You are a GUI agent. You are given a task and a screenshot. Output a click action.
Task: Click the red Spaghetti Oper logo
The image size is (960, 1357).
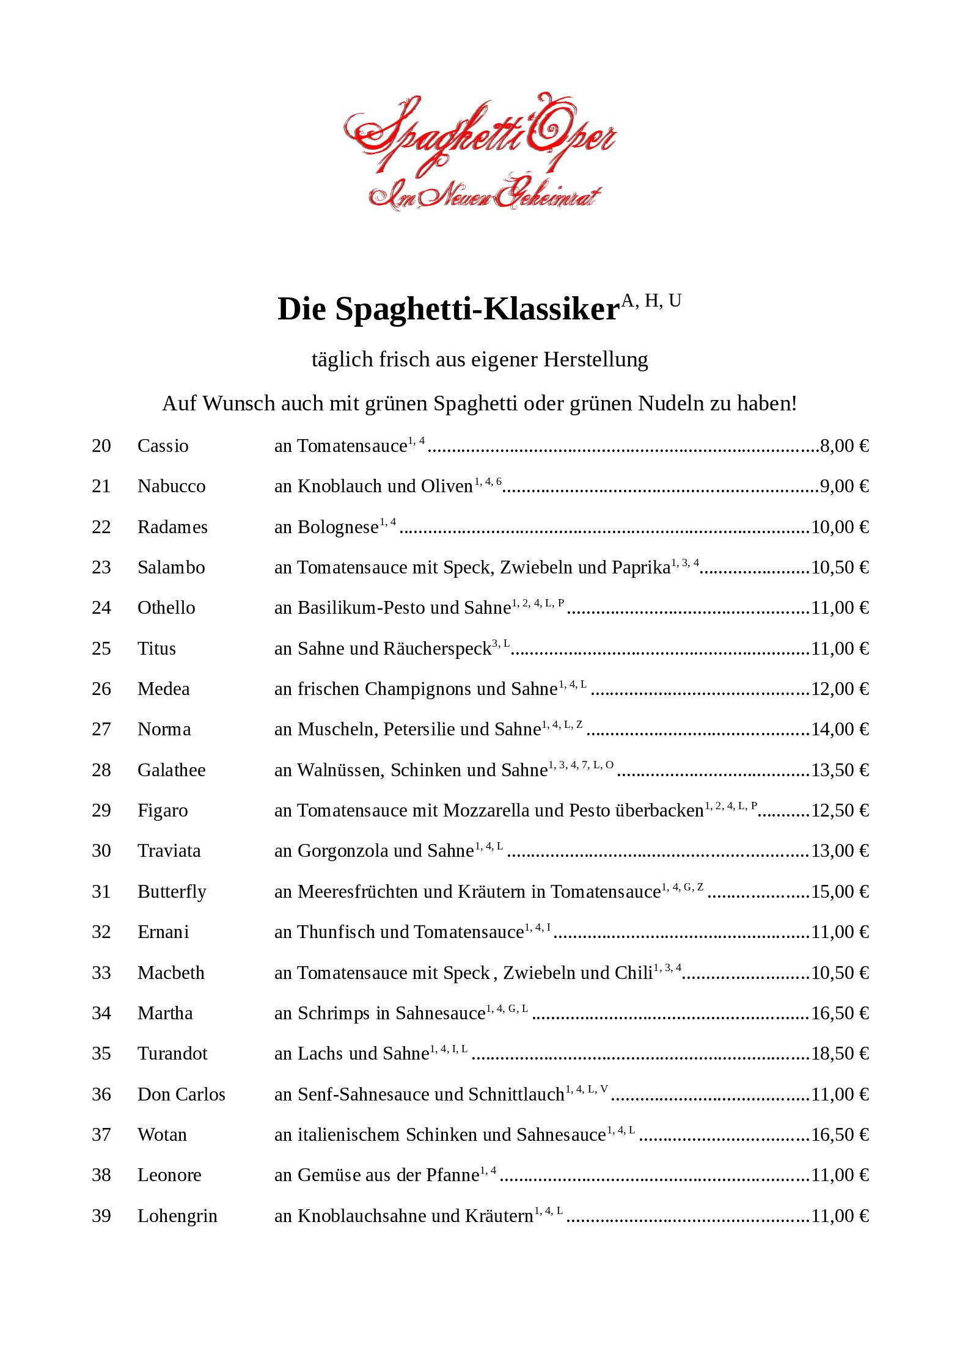tap(480, 153)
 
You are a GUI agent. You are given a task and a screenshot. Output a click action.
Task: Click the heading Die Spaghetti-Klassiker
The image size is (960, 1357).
tap(449, 309)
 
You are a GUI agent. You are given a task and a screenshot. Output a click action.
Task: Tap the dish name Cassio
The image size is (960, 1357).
tap(163, 446)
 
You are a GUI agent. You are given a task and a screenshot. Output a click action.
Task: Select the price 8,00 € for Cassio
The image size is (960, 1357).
tap(844, 446)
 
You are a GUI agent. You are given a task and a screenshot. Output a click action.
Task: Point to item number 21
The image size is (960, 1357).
tap(101, 486)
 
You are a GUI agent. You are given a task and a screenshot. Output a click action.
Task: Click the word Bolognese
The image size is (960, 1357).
tap(337, 527)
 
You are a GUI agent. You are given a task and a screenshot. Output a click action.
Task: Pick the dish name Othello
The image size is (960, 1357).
tap(166, 608)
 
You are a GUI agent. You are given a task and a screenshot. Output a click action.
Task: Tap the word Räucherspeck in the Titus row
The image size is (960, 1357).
tap(437, 649)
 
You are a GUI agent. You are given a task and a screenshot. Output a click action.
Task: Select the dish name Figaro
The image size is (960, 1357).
tap(163, 810)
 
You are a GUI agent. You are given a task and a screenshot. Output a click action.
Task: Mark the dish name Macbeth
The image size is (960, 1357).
tap(171, 973)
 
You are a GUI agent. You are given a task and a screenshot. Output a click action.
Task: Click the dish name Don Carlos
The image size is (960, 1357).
tap(181, 1094)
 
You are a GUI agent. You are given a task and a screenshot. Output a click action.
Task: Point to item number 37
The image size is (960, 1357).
tap(101, 1135)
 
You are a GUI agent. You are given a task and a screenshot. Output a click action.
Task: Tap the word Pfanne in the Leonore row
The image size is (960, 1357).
tap(452, 1175)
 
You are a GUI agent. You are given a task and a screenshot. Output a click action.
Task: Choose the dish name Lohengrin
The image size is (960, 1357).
tap(177, 1216)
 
